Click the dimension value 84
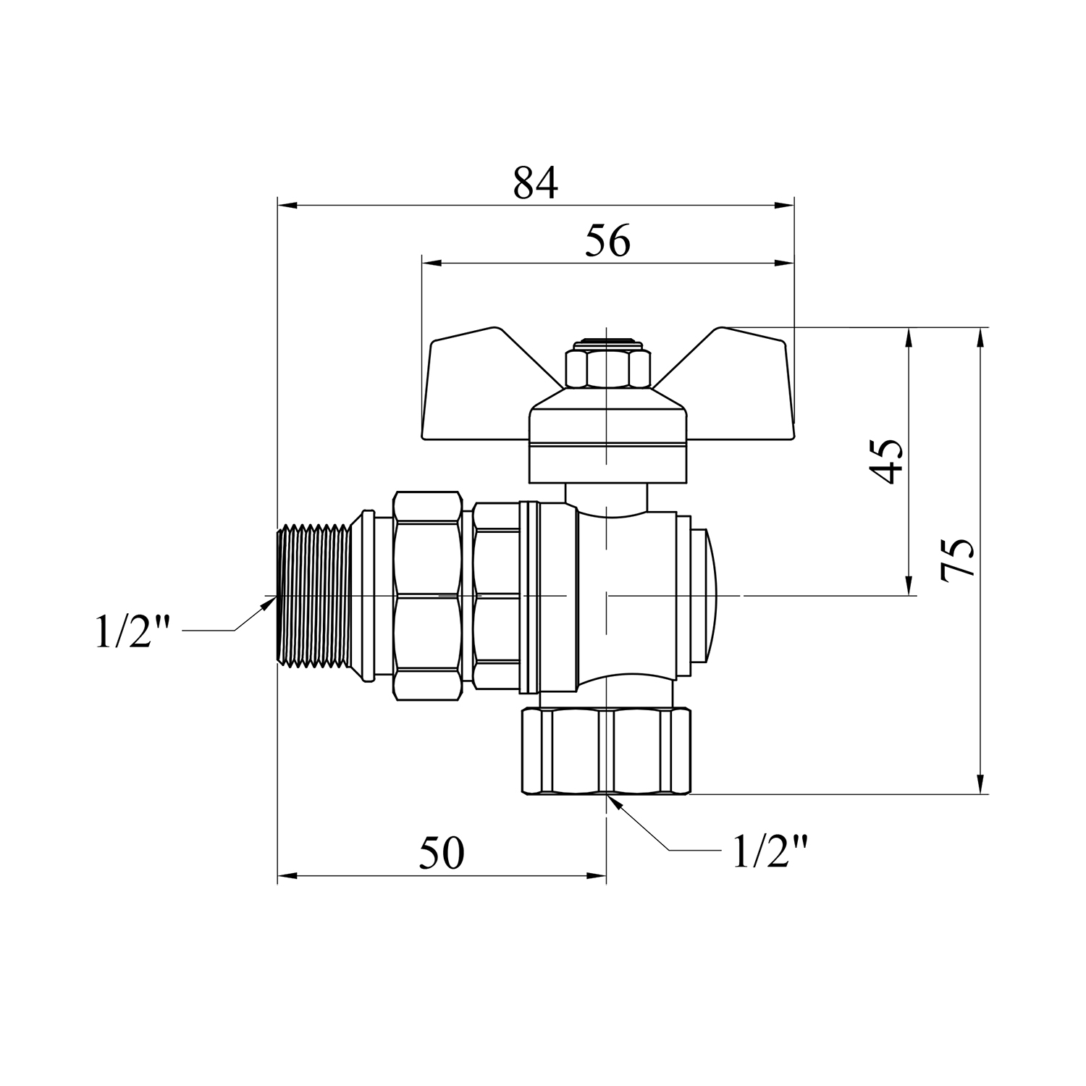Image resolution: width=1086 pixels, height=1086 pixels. (x=536, y=183)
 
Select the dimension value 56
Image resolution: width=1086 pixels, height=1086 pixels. (x=608, y=241)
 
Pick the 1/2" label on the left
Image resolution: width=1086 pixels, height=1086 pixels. (x=132, y=631)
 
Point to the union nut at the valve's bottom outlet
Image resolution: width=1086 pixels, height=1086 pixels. (x=607, y=752)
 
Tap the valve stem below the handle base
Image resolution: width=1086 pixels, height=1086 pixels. (x=607, y=496)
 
